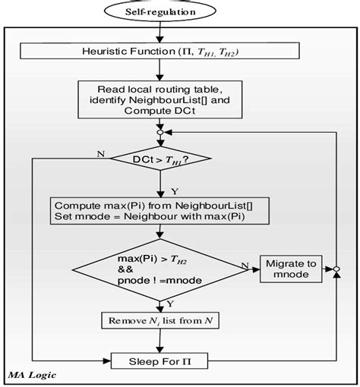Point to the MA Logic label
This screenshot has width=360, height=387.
[x=30, y=373]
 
